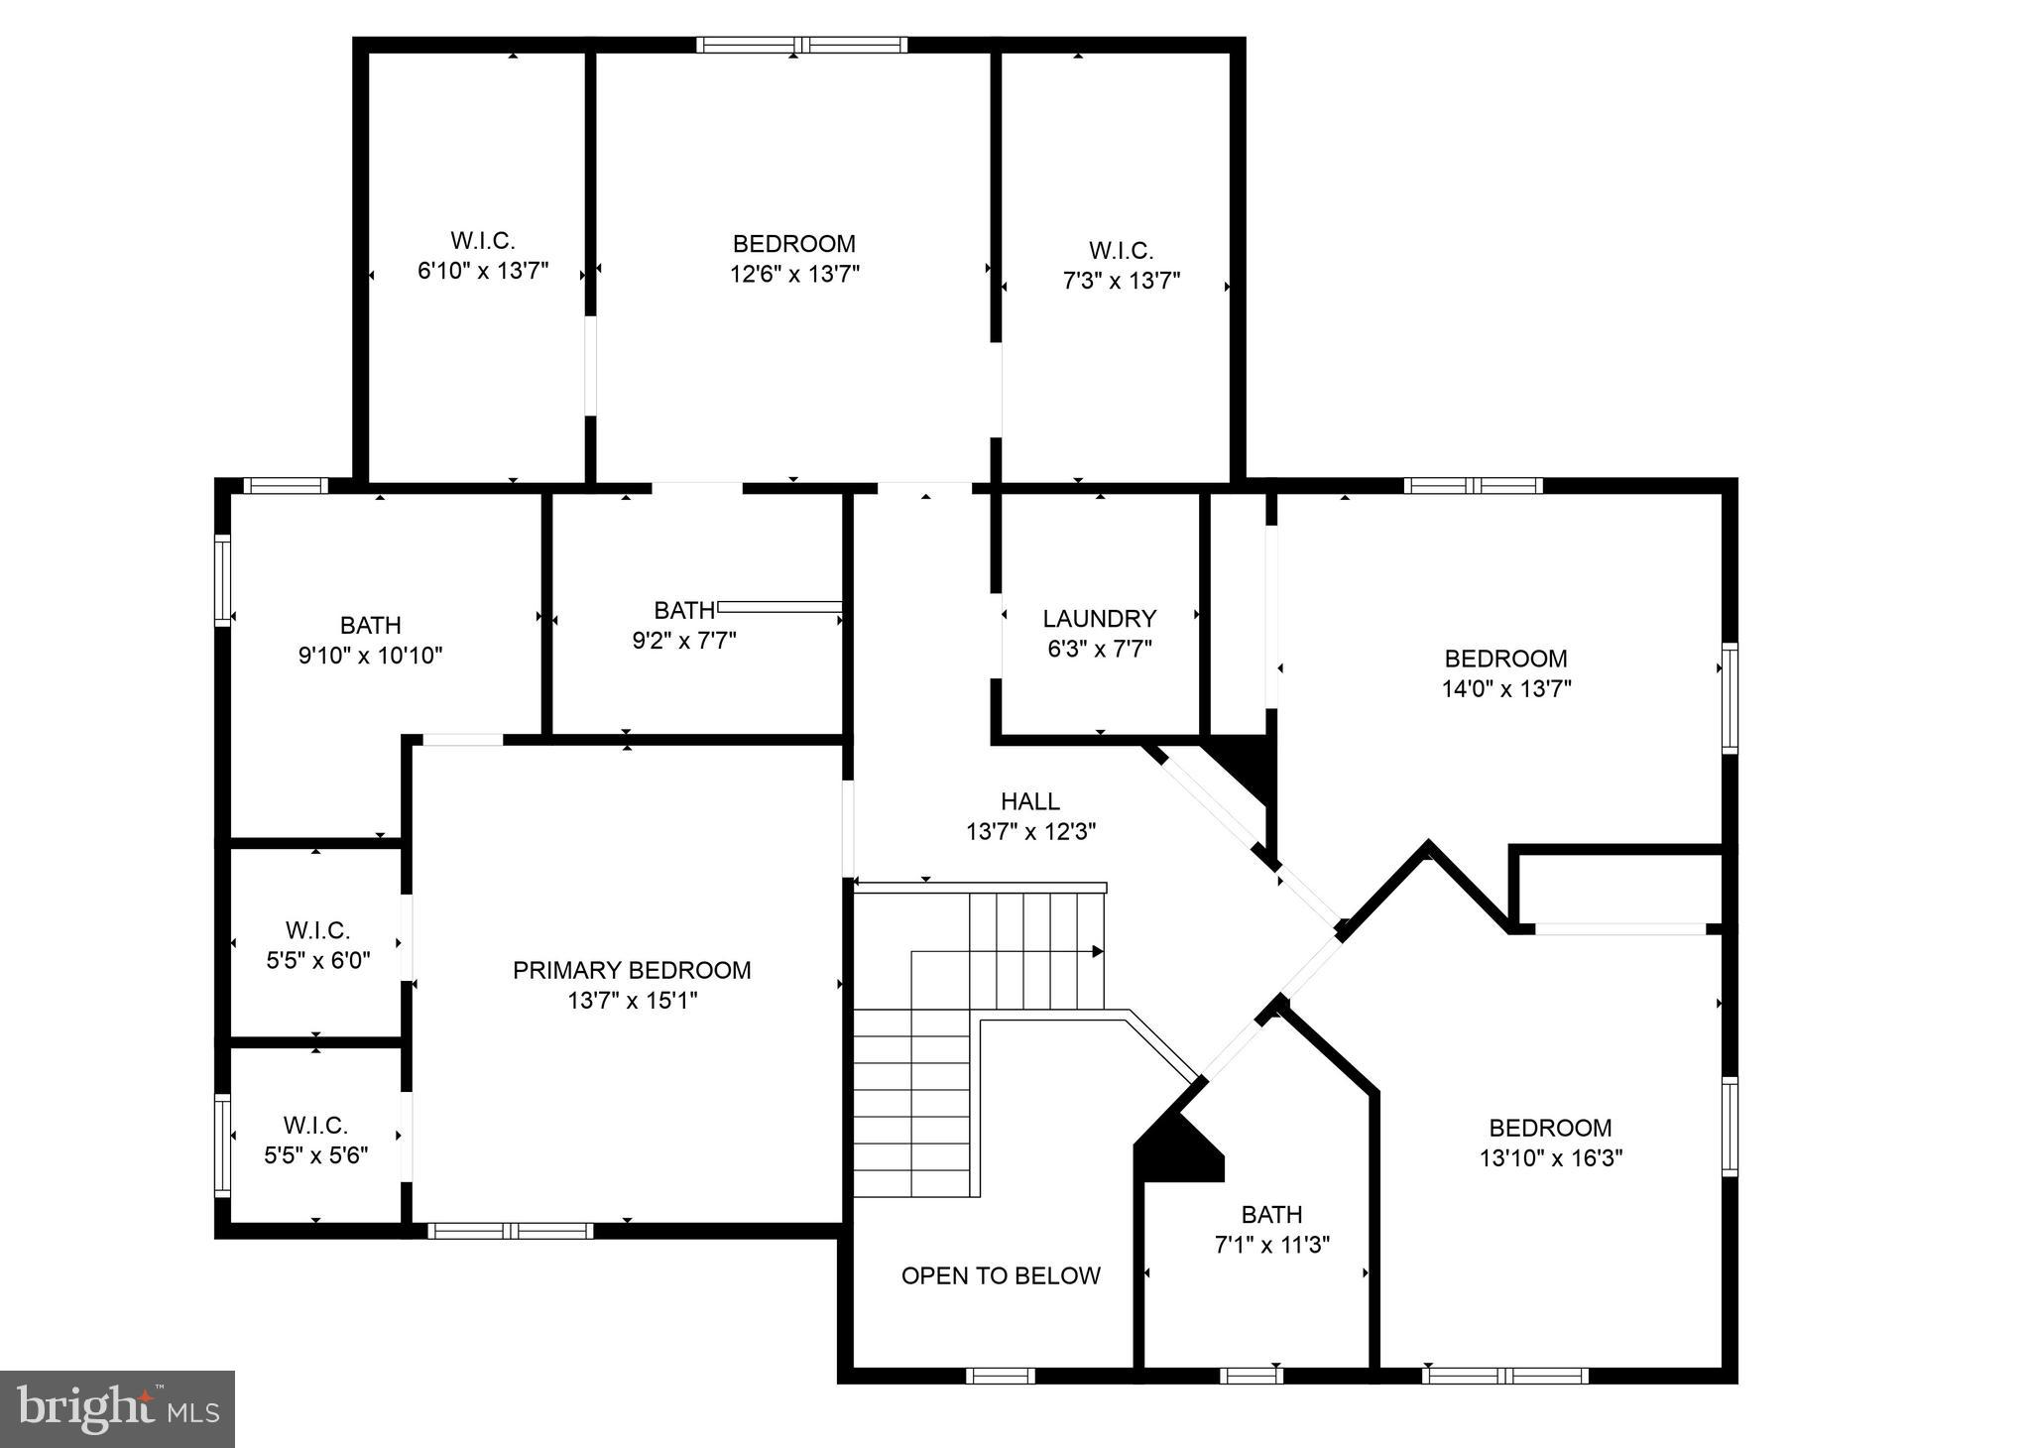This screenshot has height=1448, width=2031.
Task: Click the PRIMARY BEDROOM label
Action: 632,970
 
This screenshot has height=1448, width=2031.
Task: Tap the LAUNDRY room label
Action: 1099,619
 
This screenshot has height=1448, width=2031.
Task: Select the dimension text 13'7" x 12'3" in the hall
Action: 1030,832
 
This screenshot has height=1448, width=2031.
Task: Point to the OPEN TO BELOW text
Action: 1001,1276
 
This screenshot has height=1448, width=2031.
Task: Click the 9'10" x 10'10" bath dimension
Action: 370,656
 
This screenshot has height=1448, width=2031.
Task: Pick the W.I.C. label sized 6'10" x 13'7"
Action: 483,241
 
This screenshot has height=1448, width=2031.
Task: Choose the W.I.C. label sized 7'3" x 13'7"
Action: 1121,251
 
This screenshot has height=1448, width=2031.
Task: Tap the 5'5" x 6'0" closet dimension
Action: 317,961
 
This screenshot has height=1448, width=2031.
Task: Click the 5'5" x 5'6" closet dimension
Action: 315,1156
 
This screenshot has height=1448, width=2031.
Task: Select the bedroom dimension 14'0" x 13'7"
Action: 1505,689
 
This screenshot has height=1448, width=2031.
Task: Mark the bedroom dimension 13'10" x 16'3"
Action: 1550,1158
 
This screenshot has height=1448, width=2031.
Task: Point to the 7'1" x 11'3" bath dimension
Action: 1271,1245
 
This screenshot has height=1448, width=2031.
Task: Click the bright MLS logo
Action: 117,1408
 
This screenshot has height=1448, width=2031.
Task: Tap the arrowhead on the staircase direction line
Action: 1098,952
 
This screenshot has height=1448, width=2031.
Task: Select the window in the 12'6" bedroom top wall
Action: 800,45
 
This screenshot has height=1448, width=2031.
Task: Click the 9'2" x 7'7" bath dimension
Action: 683,641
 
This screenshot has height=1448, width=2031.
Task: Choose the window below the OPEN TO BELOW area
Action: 1000,1376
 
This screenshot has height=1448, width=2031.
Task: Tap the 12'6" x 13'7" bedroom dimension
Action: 793,275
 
